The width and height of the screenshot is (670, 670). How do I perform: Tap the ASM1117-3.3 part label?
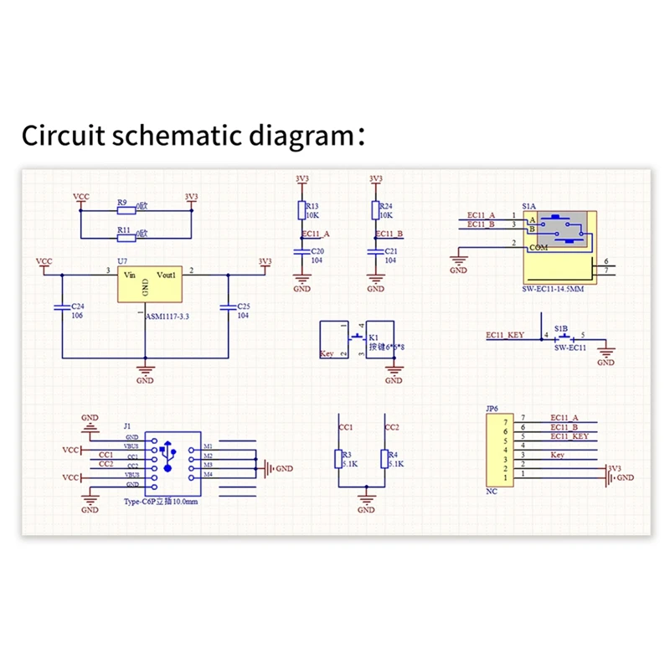click(x=168, y=317)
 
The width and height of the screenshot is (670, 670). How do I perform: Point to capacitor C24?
click(x=61, y=307)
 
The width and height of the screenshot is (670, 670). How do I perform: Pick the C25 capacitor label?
click(x=243, y=307)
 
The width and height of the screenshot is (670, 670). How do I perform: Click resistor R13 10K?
click(x=301, y=209)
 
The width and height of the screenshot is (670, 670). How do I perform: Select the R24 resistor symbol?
click(x=375, y=209)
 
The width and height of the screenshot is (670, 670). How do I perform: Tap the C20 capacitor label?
click(x=317, y=251)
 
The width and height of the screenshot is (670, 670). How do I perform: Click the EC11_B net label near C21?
click(x=389, y=234)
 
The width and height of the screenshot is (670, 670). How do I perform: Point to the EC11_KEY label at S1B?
click(x=505, y=334)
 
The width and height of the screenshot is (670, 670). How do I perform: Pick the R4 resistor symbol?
click(x=384, y=459)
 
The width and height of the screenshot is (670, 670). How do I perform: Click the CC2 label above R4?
click(x=391, y=426)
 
